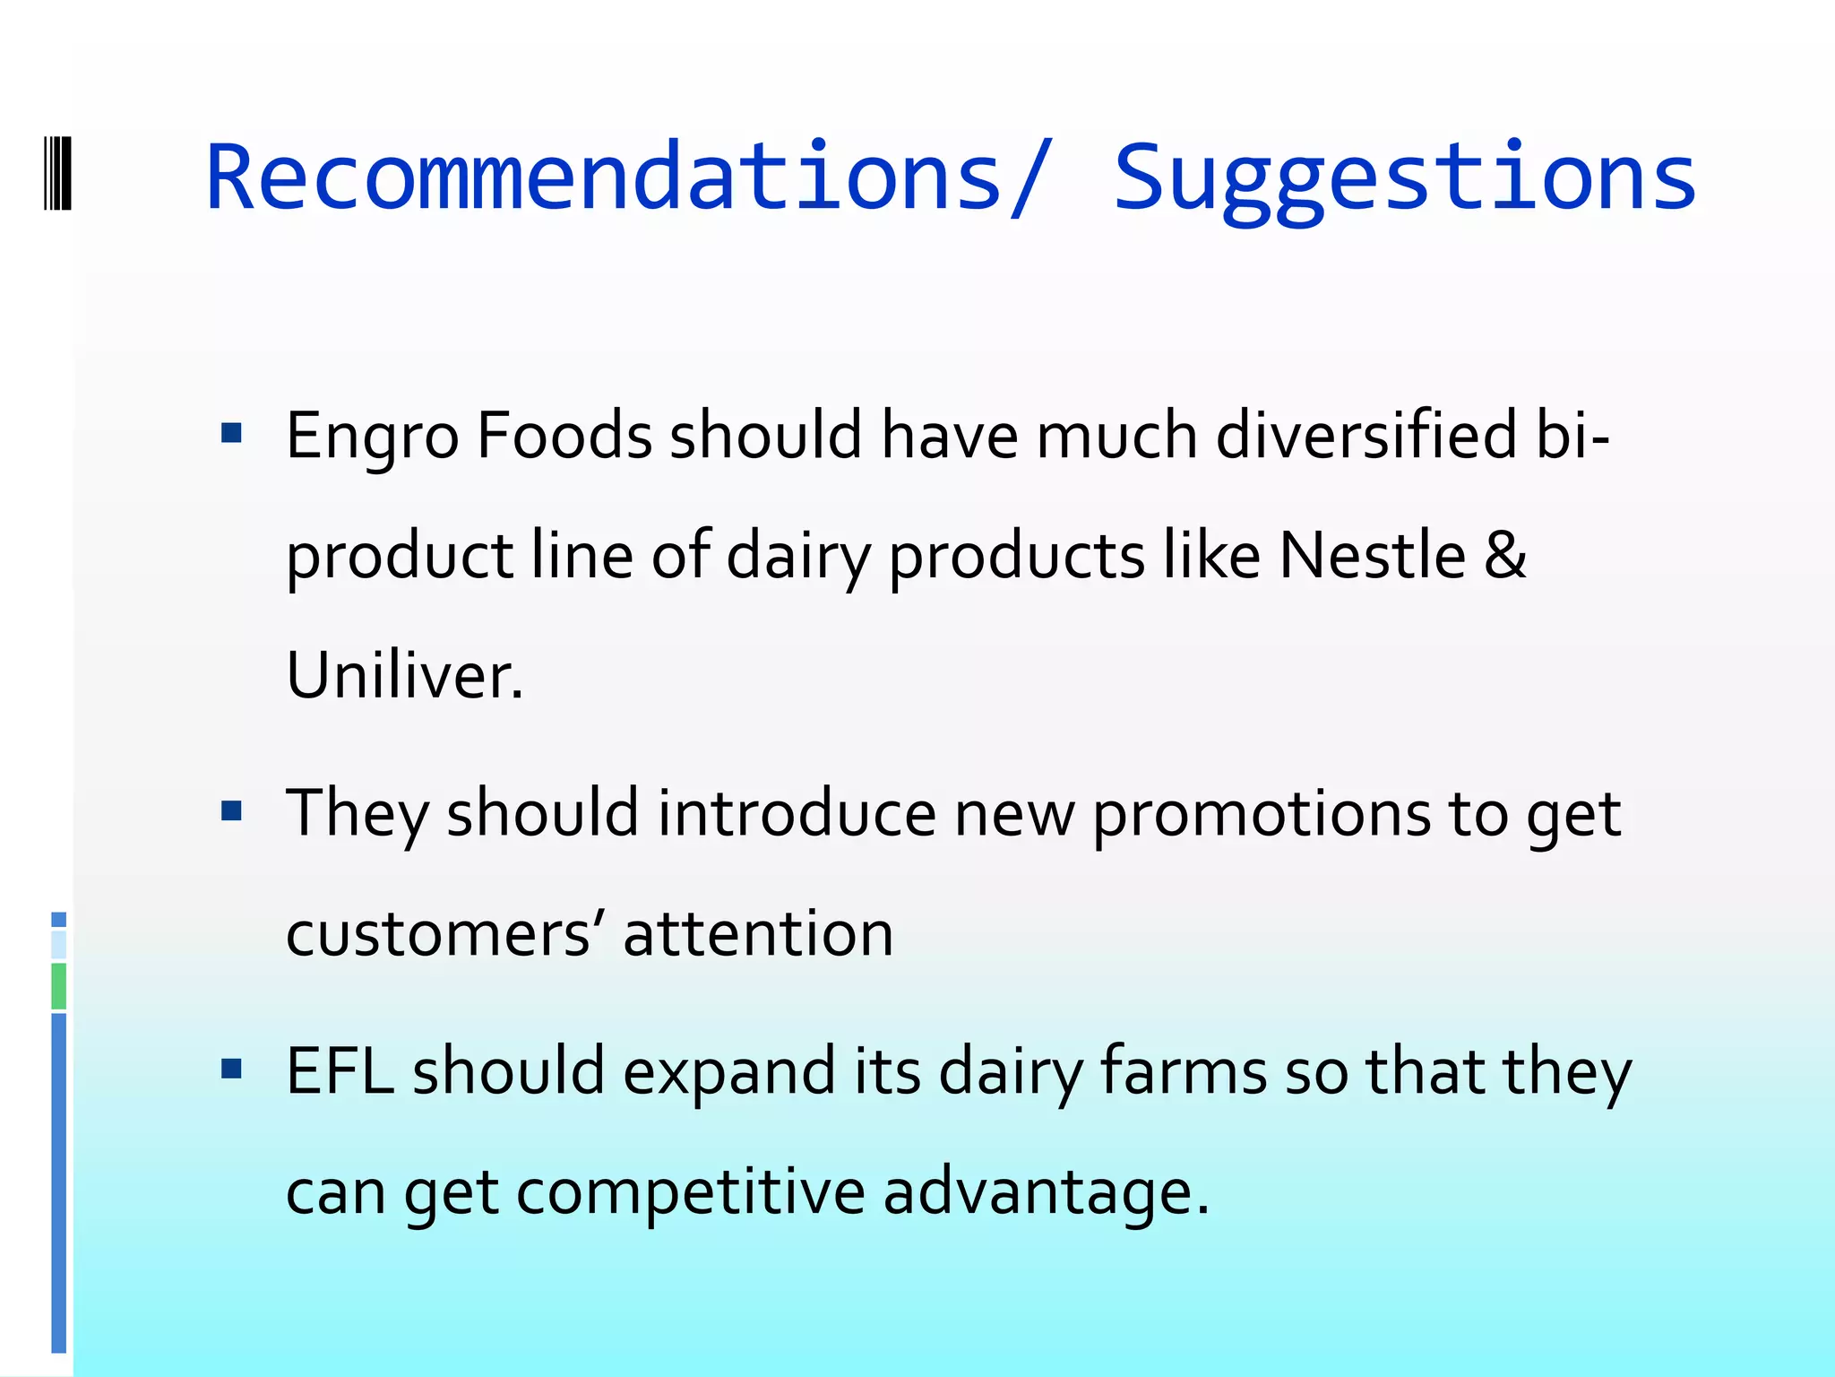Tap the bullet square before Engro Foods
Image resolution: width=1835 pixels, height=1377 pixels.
tap(232, 434)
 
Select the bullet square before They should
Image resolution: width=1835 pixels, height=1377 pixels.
tap(232, 811)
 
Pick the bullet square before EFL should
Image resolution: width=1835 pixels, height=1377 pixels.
tap(232, 1068)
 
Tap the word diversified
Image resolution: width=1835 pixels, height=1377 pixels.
tap(1366, 436)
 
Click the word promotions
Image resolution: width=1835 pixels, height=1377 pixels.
tap(1262, 816)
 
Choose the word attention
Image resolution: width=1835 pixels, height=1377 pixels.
tap(758, 934)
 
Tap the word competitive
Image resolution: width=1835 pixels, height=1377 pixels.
tap(691, 1192)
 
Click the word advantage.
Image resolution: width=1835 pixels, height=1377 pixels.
tap(1046, 1192)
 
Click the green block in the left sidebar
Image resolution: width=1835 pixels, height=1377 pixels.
tap(59, 986)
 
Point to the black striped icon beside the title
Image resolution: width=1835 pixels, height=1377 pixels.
tap(57, 173)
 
